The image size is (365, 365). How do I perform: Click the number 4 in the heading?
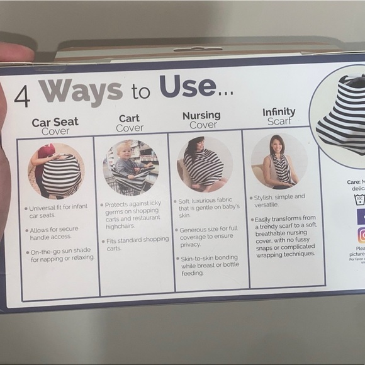[23, 95]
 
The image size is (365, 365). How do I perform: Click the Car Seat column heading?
[55, 126]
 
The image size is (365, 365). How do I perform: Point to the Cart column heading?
[129, 123]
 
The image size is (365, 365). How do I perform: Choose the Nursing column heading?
[201, 120]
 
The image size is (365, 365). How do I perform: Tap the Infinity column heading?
[278, 116]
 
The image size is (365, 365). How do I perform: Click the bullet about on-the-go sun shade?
[60, 255]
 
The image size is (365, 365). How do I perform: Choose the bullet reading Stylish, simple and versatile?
[280, 201]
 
